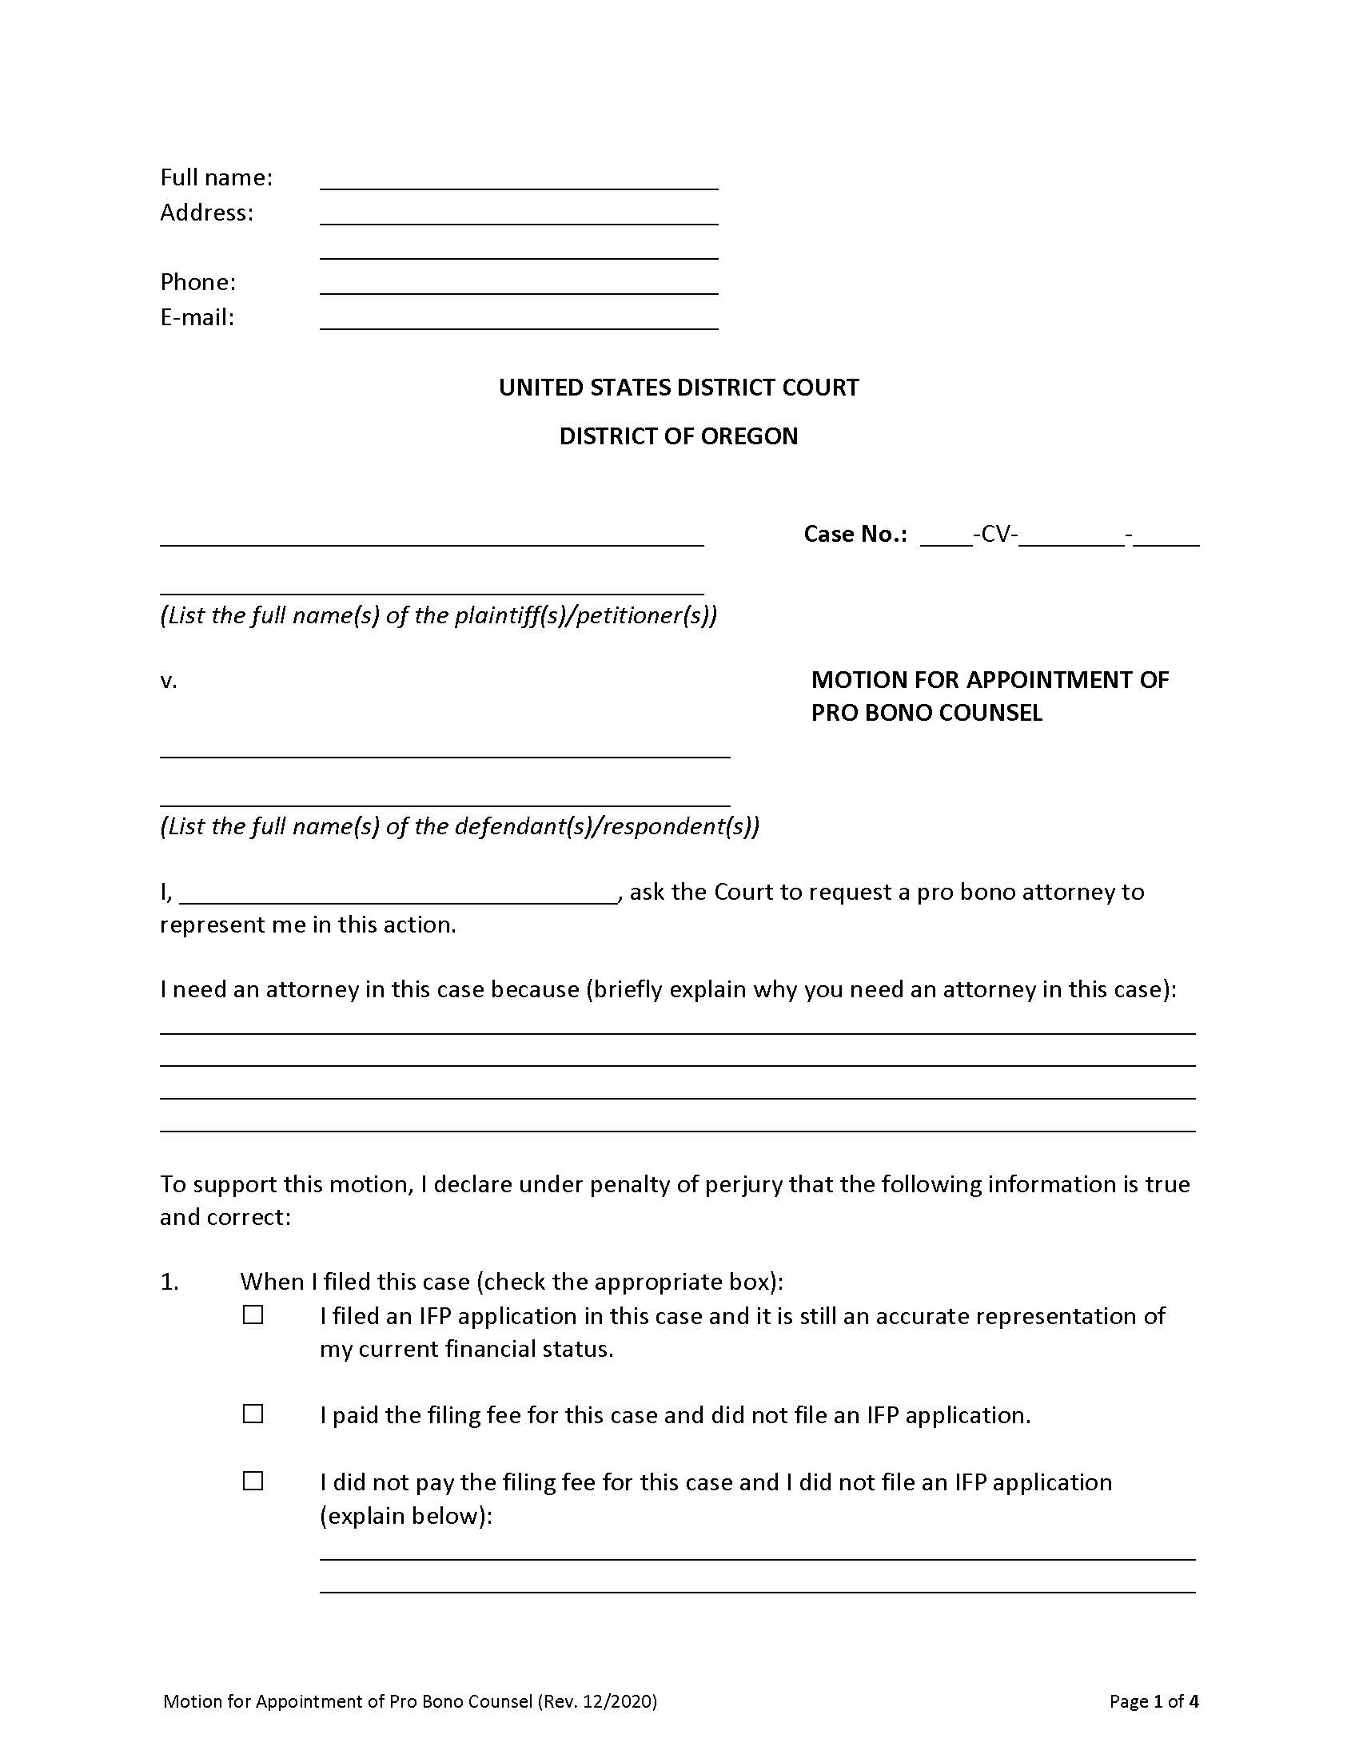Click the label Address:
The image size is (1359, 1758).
pyautogui.click(x=206, y=213)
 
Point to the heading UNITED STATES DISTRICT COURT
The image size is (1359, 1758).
pyautogui.click(x=679, y=388)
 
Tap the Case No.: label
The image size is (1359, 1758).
pyautogui.click(x=855, y=534)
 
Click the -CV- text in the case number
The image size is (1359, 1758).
pyautogui.click(x=995, y=534)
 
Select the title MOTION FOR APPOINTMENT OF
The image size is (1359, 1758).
pyautogui.click(x=990, y=680)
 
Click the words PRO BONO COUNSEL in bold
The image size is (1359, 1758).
pyautogui.click(x=926, y=713)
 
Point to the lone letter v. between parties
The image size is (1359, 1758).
pyautogui.click(x=168, y=682)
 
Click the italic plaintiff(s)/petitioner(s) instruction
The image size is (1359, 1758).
pyautogui.click(x=438, y=616)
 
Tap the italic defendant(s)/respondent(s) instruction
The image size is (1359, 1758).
pyautogui.click(x=459, y=827)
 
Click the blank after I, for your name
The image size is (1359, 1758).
pyautogui.click(x=399, y=893)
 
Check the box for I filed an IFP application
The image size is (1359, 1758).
pyautogui.click(x=253, y=1315)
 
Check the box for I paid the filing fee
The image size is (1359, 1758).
pyautogui.click(x=253, y=1414)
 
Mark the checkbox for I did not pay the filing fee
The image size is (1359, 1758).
pyautogui.click(x=253, y=1481)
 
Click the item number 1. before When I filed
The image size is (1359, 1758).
pyautogui.click(x=169, y=1282)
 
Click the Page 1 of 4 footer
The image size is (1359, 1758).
pyautogui.click(x=1153, y=1700)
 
